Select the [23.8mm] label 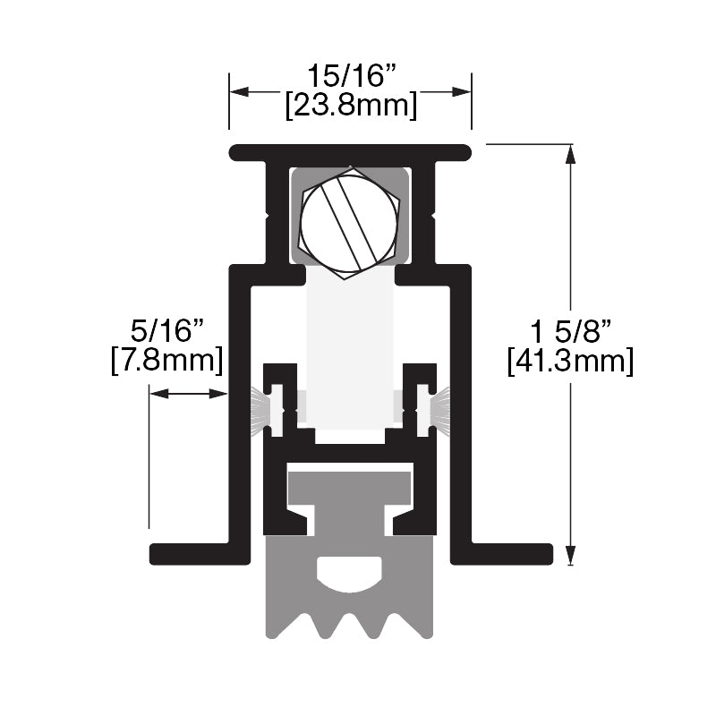coord(350,106)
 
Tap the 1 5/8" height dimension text coord(570,332)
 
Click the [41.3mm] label coord(570,362)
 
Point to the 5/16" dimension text coord(167,332)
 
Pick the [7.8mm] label coord(167,362)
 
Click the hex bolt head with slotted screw coord(349,223)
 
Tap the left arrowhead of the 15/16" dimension coord(237,91)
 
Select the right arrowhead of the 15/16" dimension coord(464,91)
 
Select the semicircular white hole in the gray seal coord(350,573)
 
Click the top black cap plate coord(350,152)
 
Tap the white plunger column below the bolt coord(350,349)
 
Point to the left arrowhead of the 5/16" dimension coord(157,393)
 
